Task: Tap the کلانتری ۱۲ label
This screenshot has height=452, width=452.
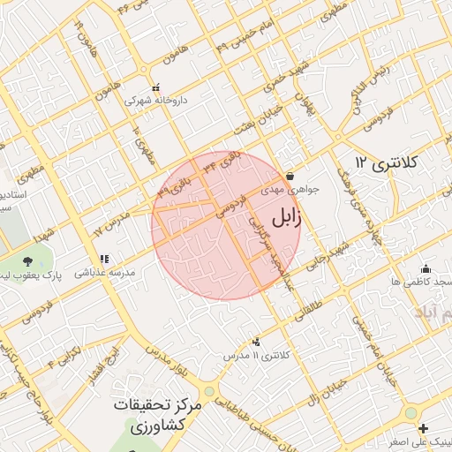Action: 386,163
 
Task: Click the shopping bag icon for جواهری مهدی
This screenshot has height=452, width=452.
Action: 290,176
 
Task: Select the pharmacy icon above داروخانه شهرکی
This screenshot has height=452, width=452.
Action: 156,87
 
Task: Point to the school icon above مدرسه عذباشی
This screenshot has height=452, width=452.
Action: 104,260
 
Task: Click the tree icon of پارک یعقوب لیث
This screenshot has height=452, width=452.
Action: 28,261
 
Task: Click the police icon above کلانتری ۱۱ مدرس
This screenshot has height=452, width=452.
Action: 257,342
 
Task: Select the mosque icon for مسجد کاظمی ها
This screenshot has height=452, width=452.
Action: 426,268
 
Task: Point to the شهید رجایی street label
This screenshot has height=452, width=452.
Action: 328,255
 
